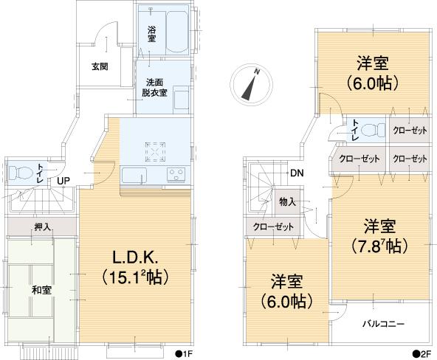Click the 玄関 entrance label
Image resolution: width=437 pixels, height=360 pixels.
tap(100, 66)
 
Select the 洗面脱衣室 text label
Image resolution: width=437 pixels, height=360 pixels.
tap(155, 88)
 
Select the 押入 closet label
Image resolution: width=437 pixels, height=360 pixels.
tap(42, 226)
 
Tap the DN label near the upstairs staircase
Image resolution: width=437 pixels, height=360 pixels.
tap(295, 173)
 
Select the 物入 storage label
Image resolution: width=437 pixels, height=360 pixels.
tap(287, 201)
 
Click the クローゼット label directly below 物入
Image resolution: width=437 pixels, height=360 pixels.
tap(273, 226)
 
